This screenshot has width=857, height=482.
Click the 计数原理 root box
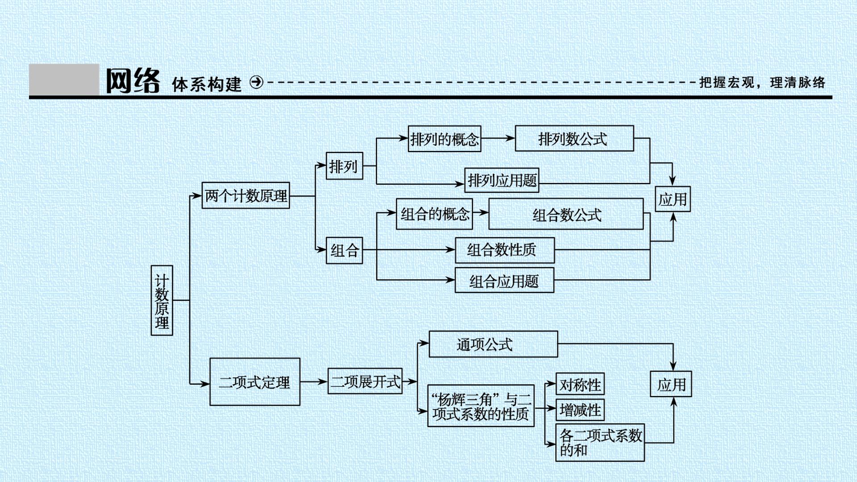tap(162, 300)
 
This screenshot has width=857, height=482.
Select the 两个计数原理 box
tap(245, 195)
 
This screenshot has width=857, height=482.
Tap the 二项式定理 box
tap(255, 382)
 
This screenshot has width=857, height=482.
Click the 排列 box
tap(344, 166)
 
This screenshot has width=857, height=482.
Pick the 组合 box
tap(344, 250)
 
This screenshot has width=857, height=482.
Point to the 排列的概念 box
tap(445, 139)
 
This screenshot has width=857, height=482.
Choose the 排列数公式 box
tap(574, 138)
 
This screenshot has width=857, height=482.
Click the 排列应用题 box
tap(502, 180)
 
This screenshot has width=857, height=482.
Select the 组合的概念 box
tap(434, 214)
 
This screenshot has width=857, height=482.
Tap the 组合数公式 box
tap(566, 214)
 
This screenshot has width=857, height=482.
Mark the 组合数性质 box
tap(505, 250)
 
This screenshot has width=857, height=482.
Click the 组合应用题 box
tap(504, 280)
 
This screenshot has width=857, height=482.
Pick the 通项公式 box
tap(493, 344)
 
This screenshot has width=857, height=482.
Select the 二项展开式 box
tap(365, 381)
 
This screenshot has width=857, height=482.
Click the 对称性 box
tap(580, 384)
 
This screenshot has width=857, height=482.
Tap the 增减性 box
tap(580, 410)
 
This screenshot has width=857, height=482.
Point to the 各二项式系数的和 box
tap(600, 443)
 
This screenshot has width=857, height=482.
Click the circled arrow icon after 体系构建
tap(257, 82)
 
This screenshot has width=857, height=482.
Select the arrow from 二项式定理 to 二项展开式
tap(314, 382)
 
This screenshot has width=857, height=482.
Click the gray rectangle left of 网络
tap(64, 79)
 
